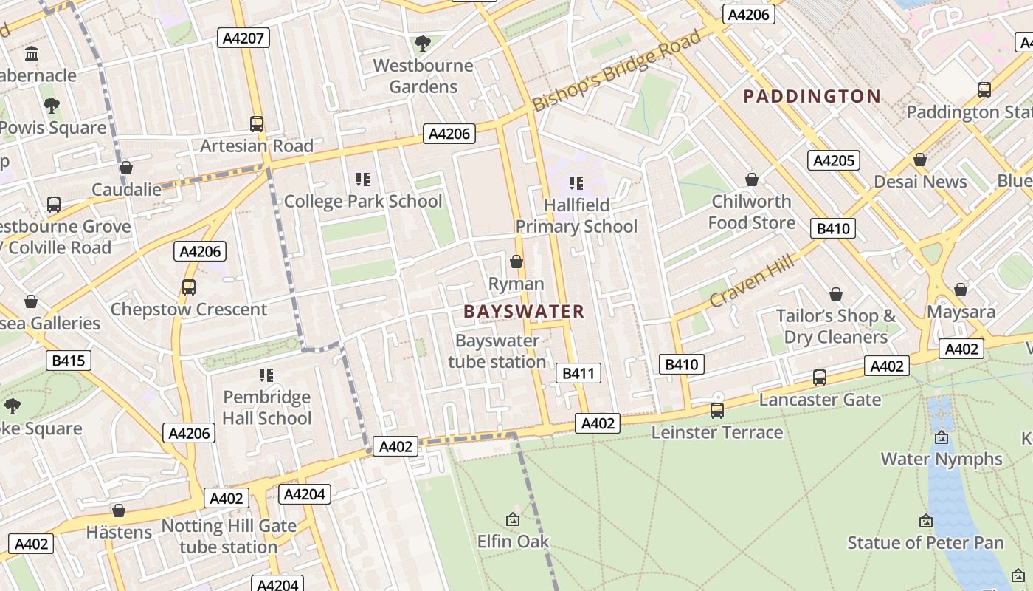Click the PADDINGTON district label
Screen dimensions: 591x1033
point(812,96)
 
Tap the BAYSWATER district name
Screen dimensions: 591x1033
point(524,312)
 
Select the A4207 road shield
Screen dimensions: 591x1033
point(243,38)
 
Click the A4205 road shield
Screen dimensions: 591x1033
point(834,160)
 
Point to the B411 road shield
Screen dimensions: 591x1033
point(578,373)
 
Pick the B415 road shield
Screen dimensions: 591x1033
point(69,361)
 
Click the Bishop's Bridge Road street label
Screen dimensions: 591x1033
point(616,72)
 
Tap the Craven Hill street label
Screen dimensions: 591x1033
point(752,281)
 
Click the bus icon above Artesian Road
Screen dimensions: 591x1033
point(257,124)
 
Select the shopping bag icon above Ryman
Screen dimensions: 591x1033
point(516,262)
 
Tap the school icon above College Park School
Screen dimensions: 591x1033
point(362,180)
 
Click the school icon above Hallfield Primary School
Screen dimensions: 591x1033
point(576,183)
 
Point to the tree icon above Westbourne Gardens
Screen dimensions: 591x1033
point(422,44)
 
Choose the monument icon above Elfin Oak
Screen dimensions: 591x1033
point(513,520)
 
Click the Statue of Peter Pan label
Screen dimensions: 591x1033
point(925,543)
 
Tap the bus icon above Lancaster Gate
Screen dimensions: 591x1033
point(819,378)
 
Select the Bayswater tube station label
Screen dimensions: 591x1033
point(497,351)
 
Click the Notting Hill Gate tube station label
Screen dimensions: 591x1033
point(229,536)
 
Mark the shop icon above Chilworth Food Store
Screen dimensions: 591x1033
point(751,180)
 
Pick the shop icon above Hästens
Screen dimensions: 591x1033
point(119,510)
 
